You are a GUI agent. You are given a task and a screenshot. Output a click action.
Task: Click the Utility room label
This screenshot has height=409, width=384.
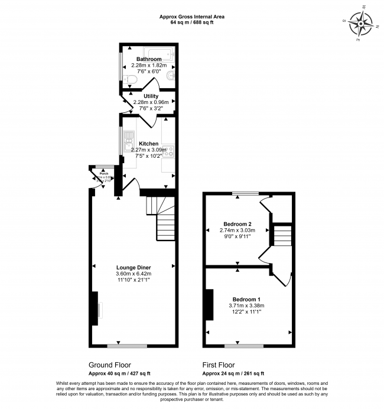(x=151, y=96)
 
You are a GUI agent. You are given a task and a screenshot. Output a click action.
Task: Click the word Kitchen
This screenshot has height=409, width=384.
(x=148, y=144)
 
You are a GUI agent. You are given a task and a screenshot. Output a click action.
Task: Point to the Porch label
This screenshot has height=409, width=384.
(x=96, y=174)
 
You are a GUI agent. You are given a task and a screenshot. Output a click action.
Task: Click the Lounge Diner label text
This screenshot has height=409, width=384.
(x=134, y=268)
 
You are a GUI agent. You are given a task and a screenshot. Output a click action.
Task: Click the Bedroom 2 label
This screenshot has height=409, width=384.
(x=237, y=224)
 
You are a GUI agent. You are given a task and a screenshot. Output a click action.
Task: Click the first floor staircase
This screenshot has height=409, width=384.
(x=282, y=235)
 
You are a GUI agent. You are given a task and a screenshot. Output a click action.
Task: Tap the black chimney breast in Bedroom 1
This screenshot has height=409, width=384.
(x=208, y=304)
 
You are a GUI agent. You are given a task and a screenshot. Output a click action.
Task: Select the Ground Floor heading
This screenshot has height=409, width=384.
(x=110, y=365)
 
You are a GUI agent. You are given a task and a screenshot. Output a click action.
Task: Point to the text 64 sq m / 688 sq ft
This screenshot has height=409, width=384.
(x=192, y=22)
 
